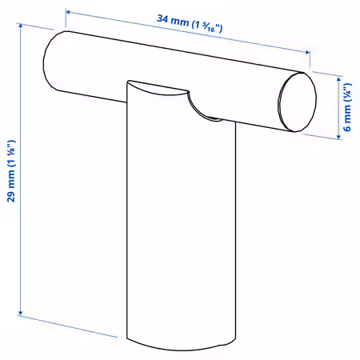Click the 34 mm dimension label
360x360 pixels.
click(x=190, y=23)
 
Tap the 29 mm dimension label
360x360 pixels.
click(x=11, y=170)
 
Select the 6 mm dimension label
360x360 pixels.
click(x=347, y=107)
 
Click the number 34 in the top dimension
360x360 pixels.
click(x=162, y=18)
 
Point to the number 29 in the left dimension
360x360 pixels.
click(x=11, y=197)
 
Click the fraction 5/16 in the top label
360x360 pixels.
click(x=209, y=26)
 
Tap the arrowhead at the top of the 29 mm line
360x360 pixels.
click(x=20, y=26)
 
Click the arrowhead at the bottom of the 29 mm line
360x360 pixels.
click(x=20, y=313)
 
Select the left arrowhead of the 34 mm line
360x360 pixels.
click(x=68, y=12)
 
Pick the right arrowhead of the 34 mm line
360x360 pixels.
click(x=307, y=52)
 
